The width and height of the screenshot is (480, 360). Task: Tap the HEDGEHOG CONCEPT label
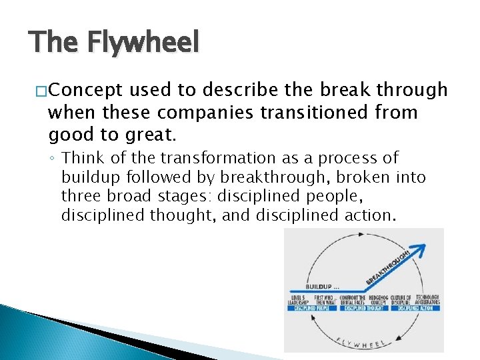[381, 300]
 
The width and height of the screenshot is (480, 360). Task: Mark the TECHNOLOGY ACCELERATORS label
[427, 300]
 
